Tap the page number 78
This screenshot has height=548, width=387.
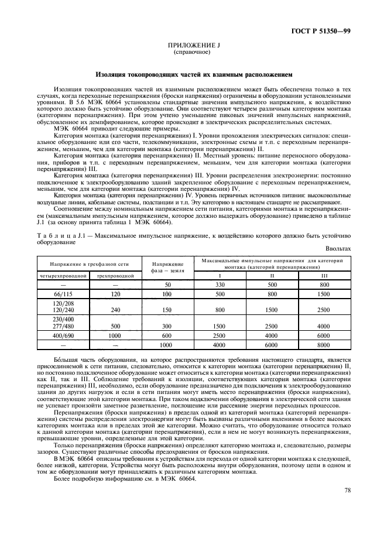347,507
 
